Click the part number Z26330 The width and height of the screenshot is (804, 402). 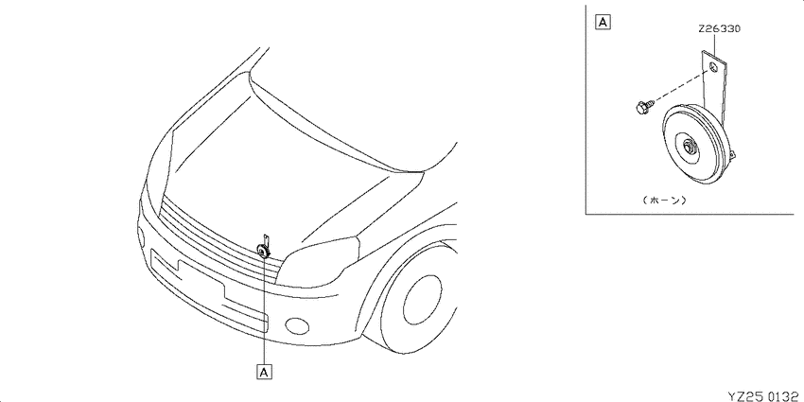coord(719,29)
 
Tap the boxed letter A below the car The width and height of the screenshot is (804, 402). coord(265,372)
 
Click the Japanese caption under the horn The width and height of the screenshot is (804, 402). coord(663,201)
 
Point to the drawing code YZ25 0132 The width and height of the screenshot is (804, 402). coord(765,395)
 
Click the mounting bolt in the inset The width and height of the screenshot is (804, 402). coord(641,107)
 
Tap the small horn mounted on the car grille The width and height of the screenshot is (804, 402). coord(263,247)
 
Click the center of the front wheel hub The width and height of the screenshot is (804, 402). coord(423,300)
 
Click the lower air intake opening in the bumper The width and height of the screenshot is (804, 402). coord(209,289)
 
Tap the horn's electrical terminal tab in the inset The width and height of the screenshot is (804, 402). coord(733,154)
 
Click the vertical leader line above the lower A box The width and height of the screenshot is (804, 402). coord(265,311)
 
